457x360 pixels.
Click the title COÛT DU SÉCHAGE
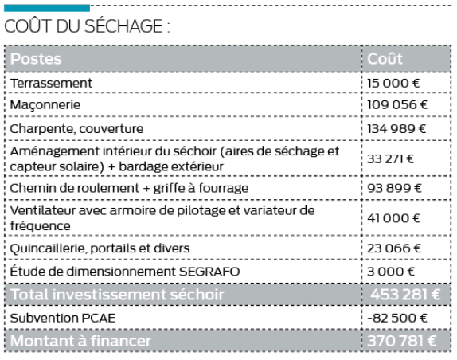88,26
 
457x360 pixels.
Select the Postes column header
36,59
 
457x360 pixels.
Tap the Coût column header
385,59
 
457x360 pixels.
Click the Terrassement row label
52,83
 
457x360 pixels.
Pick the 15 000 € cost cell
393,83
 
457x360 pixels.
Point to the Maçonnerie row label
46,105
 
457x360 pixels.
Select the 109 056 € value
397,105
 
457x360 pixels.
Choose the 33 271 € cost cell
391,158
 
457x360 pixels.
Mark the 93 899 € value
394,188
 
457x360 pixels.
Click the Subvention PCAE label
61,319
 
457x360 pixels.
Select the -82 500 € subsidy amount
396,319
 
